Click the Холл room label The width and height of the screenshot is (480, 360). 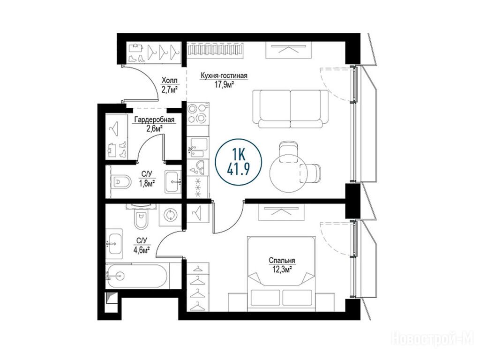click(169, 80)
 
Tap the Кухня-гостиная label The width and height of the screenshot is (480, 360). click(224, 75)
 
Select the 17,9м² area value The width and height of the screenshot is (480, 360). click(224, 85)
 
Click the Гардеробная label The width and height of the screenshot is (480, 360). click(154, 120)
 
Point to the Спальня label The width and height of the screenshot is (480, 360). click(282, 261)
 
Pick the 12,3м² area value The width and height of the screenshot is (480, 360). click(282, 270)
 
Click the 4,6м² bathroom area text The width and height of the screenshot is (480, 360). click(142, 250)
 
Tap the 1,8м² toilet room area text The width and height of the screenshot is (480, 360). click(146, 183)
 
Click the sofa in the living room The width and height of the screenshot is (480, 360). click(290, 109)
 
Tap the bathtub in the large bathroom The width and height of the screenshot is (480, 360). click(137, 276)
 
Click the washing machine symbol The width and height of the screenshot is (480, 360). click(169, 216)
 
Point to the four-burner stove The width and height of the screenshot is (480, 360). click(197, 113)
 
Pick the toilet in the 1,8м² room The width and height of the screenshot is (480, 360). click(121, 182)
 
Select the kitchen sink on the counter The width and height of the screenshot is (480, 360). click(198, 147)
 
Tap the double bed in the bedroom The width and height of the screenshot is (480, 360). click(281, 270)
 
